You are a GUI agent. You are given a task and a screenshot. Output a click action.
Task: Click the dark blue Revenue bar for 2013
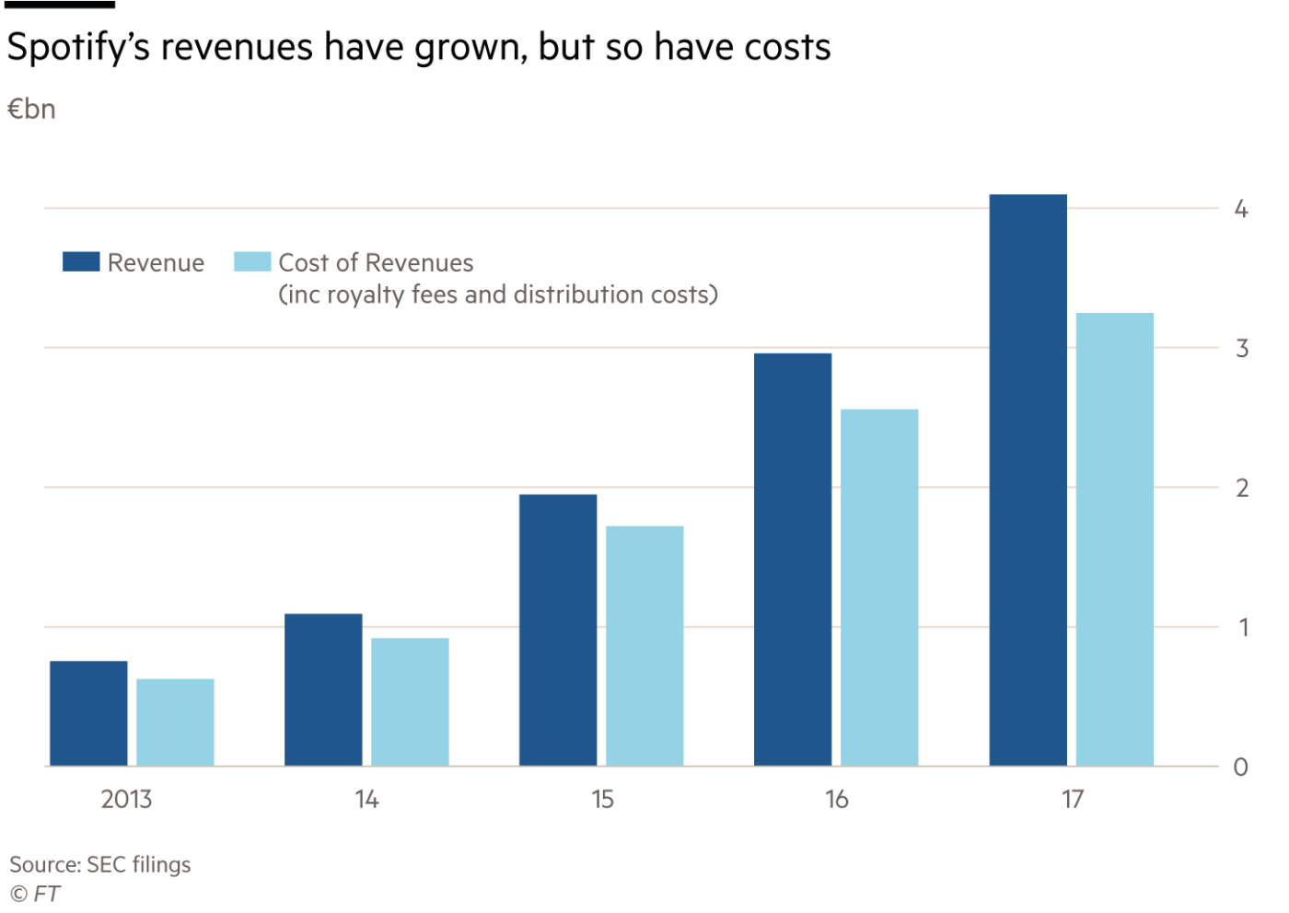[x=88, y=713]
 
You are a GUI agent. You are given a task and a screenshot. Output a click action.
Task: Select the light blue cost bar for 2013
[x=175, y=722]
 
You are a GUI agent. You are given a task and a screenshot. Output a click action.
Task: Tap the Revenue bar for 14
[x=323, y=689]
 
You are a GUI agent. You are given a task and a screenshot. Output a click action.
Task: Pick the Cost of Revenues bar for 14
[x=410, y=701]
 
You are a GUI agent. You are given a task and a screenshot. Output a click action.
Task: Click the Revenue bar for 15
[x=558, y=630]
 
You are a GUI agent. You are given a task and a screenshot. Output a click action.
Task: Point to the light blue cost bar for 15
[x=644, y=645]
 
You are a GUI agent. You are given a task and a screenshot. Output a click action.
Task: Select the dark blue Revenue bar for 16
[x=793, y=559]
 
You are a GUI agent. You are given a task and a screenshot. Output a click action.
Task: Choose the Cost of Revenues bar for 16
[x=879, y=587]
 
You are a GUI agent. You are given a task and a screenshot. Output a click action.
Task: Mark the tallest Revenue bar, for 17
[x=1028, y=480]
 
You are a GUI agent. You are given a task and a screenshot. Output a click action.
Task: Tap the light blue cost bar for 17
[x=1114, y=538]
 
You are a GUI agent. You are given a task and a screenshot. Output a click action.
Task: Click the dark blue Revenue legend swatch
[x=81, y=261]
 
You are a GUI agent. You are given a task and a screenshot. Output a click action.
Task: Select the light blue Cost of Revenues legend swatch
[x=251, y=261]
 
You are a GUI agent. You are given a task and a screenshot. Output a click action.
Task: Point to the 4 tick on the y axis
[x=1240, y=209]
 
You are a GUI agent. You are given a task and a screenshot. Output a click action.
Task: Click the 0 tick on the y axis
[x=1240, y=767]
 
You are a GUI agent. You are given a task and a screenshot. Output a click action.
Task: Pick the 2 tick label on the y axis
[x=1241, y=488]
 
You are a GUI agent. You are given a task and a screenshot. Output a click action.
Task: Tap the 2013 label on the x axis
[x=126, y=799]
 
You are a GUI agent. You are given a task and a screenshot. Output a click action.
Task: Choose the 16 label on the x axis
[x=836, y=799]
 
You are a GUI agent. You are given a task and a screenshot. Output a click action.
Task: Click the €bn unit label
[x=31, y=110]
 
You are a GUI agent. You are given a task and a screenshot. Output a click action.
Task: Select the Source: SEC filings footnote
[x=100, y=864]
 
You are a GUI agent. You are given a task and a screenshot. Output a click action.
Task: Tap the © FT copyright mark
[x=35, y=894]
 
